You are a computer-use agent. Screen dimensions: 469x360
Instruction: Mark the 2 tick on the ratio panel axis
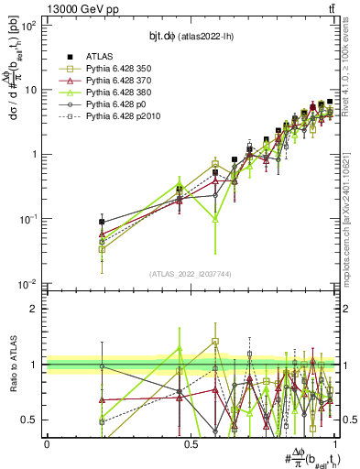(34, 309)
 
